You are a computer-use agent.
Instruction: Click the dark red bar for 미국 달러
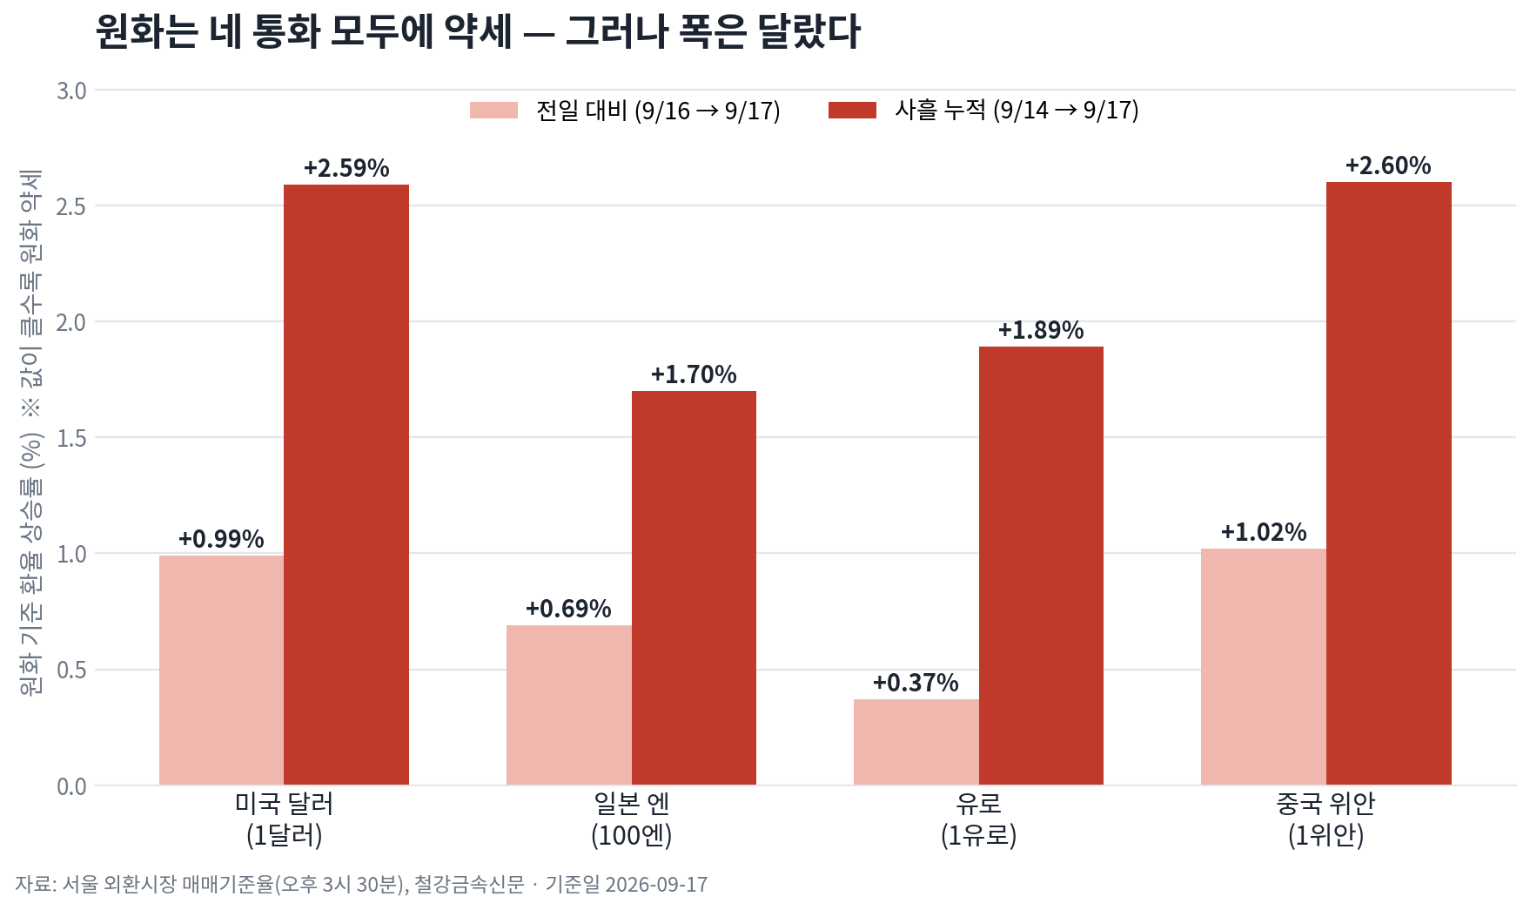[x=346, y=485]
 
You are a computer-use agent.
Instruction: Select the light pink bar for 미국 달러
[x=222, y=671]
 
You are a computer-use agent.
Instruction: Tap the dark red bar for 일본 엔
[x=694, y=588]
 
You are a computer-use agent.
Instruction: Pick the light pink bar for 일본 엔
[x=569, y=705]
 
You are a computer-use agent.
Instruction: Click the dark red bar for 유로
[x=1041, y=566]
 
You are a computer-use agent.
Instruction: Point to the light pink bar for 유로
[x=916, y=742]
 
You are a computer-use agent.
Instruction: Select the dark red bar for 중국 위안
[x=1389, y=483]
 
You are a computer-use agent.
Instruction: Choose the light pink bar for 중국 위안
[x=1264, y=667]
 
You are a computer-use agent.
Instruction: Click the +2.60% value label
[x=1388, y=165]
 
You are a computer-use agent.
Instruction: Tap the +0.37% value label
[x=916, y=683]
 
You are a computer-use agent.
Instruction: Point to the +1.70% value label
[x=694, y=374]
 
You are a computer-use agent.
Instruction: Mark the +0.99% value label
[x=221, y=539]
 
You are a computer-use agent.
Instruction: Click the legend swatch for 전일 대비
[x=493, y=111]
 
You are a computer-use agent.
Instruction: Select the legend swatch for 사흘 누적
[x=852, y=111]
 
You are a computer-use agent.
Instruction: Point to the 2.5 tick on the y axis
[x=71, y=206]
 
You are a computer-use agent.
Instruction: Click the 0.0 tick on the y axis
[x=71, y=786]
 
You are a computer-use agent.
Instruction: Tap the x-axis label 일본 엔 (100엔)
[x=632, y=819]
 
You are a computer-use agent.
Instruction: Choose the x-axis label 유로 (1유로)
[x=979, y=819]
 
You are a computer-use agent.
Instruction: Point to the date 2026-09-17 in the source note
[x=656, y=885]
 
